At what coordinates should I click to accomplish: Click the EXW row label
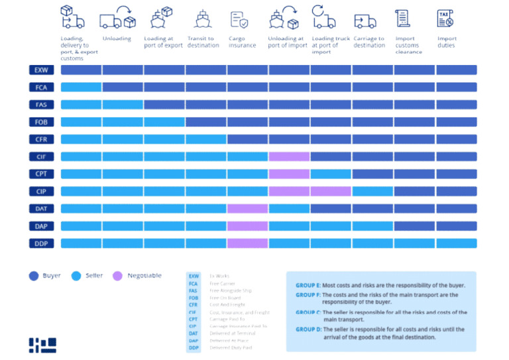tap(41, 70)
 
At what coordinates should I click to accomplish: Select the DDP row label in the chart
tap(41, 243)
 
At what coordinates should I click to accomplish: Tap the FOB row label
tap(41, 122)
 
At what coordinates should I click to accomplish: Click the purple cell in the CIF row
tap(289, 156)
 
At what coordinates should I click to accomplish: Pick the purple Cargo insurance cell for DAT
tap(247, 209)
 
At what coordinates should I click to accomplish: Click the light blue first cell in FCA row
tap(81, 87)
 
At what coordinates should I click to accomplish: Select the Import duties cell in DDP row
tap(456, 243)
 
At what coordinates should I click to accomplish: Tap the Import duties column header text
tap(447, 42)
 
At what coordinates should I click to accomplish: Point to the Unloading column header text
tap(117, 38)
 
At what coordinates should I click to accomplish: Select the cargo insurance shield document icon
tap(239, 19)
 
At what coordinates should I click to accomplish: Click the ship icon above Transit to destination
tap(202, 19)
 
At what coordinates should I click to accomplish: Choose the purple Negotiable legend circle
tap(118, 276)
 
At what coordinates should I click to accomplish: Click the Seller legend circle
tap(76, 276)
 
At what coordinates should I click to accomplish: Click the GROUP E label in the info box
tap(308, 285)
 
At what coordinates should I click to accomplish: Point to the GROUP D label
tap(308, 329)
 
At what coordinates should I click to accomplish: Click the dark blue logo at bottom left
tap(42, 344)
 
